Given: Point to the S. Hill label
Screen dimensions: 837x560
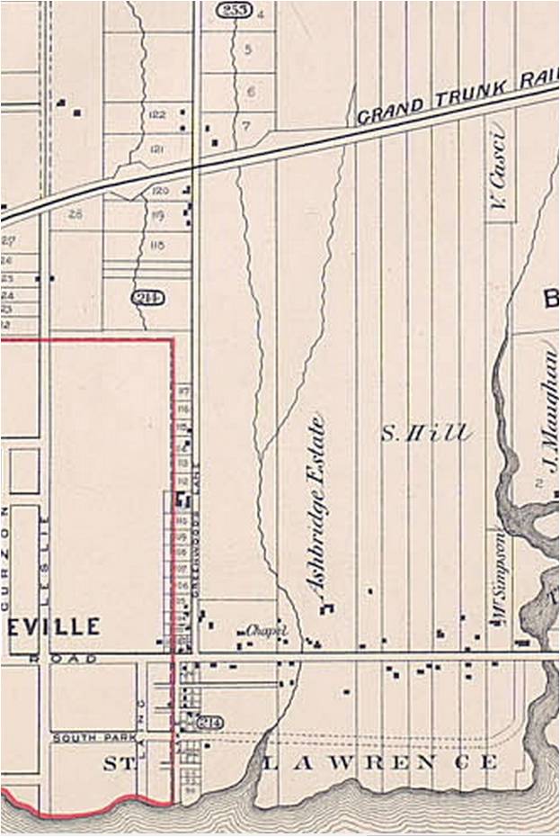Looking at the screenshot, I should pyautogui.click(x=425, y=433).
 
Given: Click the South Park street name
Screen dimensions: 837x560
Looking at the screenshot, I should pyautogui.click(x=94, y=738).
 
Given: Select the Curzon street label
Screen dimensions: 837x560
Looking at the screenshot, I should pyautogui.click(x=5, y=540).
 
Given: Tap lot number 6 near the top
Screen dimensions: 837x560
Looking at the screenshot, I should pyautogui.click(x=251, y=92).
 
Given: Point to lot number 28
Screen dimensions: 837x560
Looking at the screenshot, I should pyautogui.click(x=75, y=214).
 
